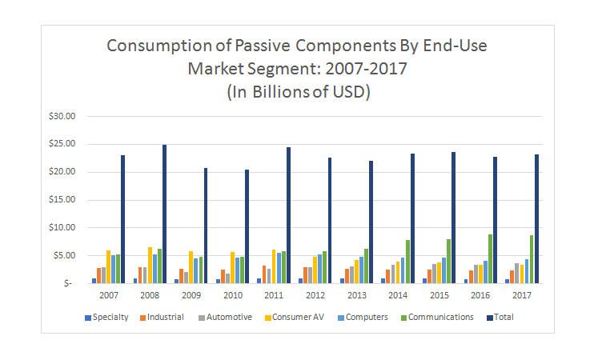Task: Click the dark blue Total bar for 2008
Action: pyautogui.click(x=164, y=214)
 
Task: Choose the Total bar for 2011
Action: pyautogui.click(x=288, y=214)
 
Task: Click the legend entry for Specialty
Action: pyautogui.click(x=106, y=317)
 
